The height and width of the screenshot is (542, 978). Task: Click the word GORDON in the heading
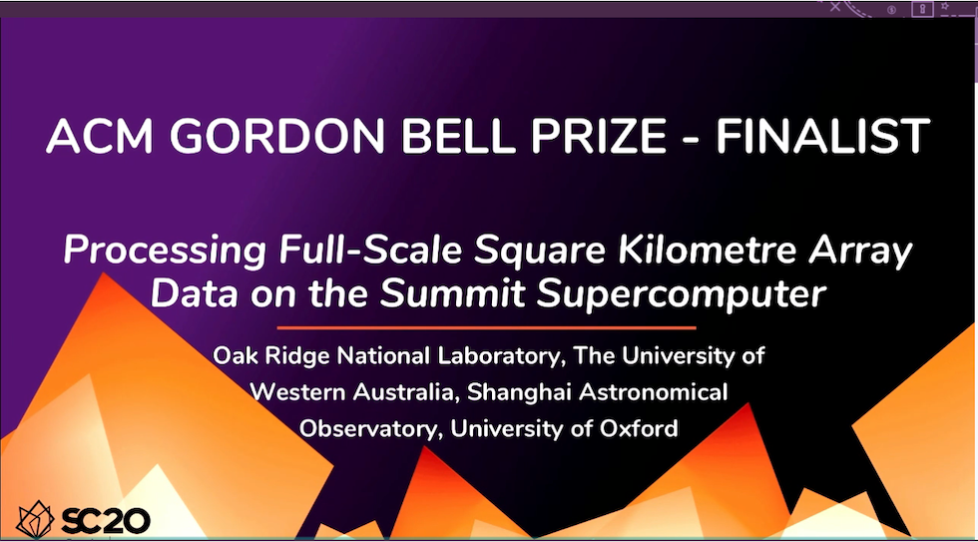click(277, 136)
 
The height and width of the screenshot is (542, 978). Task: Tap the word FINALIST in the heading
click(822, 136)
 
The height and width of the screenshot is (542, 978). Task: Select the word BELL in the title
click(458, 136)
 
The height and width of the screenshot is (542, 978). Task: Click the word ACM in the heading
click(100, 136)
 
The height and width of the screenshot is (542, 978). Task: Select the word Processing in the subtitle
click(166, 252)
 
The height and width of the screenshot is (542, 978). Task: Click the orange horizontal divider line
click(487, 327)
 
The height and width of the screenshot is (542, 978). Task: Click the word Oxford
click(639, 428)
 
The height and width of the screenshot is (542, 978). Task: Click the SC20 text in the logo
click(106, 521)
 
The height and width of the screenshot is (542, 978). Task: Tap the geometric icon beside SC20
click(35, 520)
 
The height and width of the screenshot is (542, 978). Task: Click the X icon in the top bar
click(835, 7)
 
